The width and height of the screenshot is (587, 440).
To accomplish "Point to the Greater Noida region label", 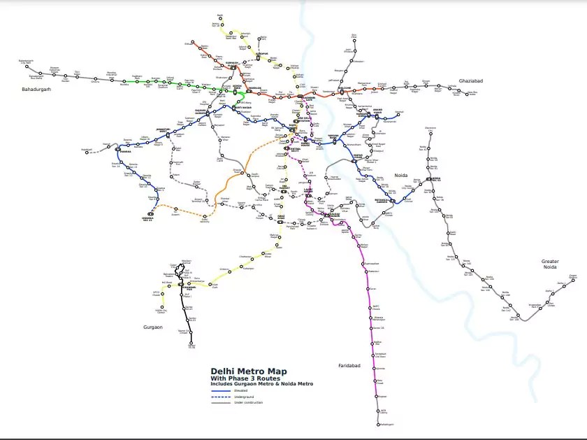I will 551,264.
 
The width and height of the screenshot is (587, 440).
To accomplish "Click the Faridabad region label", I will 349,365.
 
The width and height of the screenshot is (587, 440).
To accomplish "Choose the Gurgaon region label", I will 153,327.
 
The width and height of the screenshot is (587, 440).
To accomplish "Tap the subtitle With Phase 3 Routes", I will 240,378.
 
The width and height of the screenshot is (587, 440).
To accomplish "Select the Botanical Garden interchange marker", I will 393,201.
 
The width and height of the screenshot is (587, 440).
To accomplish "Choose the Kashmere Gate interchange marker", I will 300,97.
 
